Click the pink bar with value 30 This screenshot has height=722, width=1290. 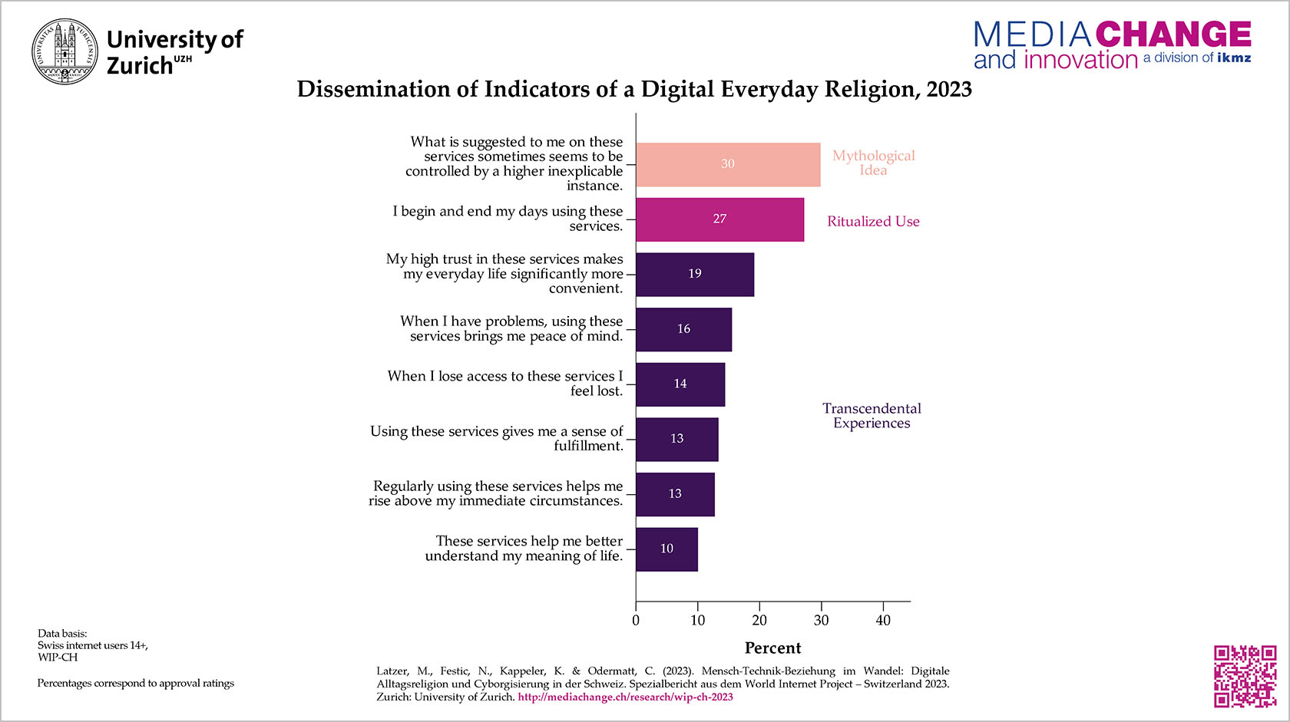coord(727,164)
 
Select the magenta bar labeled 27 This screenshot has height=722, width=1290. coord(719,219)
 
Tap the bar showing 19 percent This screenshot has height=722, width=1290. coord(694,274)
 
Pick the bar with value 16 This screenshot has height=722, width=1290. coord(683,329)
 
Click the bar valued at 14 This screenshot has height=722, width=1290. coord(680,384)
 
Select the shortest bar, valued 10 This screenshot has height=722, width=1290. coord(666,549)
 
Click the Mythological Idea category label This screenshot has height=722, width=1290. coord(873,163)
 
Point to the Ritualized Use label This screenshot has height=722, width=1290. coord(873,222)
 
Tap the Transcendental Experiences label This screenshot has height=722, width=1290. coord(872,416)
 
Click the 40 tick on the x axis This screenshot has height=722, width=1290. coord(883,621)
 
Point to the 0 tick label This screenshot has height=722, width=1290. coord(636,621)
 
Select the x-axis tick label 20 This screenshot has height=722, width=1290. coord(759,621)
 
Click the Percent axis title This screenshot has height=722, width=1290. coord(772,648)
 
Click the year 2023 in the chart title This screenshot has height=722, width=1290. coord(949,90)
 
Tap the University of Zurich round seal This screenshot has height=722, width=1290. coord(65,51)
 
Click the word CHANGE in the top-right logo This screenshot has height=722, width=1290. coord(1173,35)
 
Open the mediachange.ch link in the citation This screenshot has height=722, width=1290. coord(625,697)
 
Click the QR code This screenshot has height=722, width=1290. coord(1245,676)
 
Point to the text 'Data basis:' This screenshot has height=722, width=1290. coord(62,634)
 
